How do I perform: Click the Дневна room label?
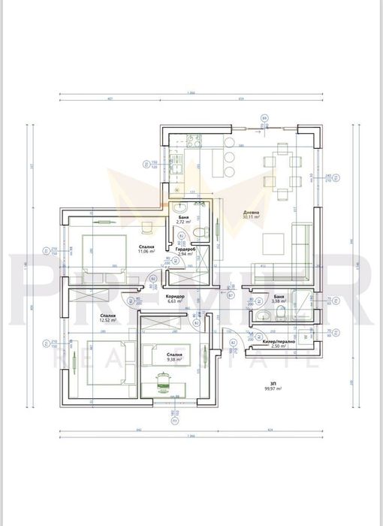[x=251, y=213]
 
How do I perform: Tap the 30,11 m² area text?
[x=251, y=218]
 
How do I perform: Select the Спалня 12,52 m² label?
[x=87, y=319]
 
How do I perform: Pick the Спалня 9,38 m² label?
[x=174, y=356]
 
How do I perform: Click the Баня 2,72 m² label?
[x=183, y=219]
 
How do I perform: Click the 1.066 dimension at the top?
[x=191, y=92]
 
